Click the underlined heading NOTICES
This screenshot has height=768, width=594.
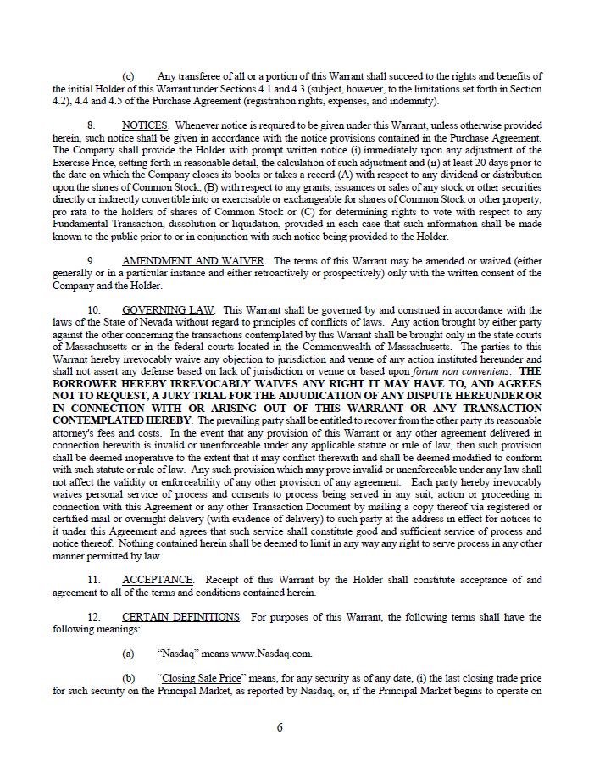click(144, 125)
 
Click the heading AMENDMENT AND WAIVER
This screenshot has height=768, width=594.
click(193, 261)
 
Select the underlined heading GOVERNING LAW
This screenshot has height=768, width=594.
click(168, 310)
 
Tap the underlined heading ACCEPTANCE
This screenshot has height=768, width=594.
click(158, 580)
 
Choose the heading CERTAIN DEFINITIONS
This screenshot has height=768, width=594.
click(180, 617)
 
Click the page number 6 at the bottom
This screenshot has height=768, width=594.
click(280, 727)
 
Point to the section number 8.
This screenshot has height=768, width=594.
click(91, 125)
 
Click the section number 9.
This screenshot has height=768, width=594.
click(91, 261)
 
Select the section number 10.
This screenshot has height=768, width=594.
click(93, 310)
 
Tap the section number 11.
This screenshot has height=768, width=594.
click(93, 580)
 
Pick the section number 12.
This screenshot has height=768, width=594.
click(93, 617)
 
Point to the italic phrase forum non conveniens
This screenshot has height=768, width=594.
click(472, 371)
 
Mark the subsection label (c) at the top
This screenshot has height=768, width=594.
click(128, 76)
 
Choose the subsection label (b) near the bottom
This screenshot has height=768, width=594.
click(128, 679)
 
